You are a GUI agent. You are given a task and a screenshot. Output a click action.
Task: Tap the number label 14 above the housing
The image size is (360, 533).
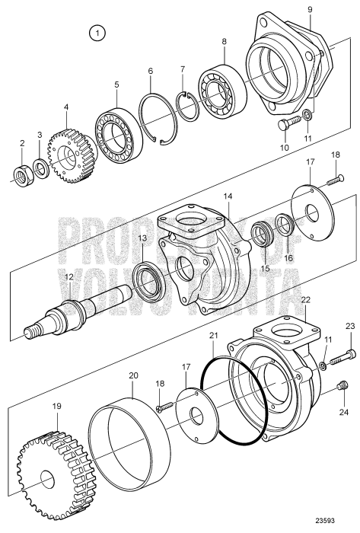226,196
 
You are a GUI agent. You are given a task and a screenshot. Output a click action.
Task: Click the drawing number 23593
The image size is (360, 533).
339,524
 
